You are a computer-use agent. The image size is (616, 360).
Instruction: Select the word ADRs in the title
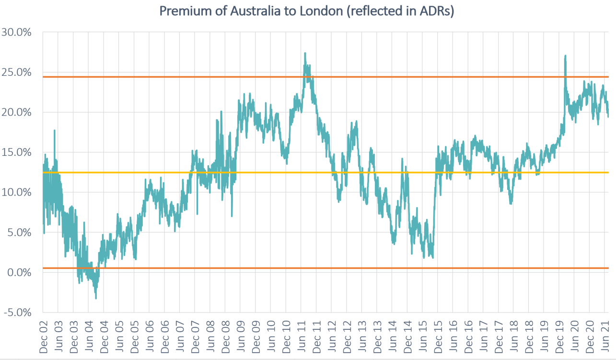coord(434,11)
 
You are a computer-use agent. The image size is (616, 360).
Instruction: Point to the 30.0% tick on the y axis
coord(16,33)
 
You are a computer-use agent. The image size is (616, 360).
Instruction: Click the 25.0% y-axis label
coord(16,72)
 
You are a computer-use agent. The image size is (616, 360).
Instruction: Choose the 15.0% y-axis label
coord(16,152)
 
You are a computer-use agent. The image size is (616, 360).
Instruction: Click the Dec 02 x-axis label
coord(43,337)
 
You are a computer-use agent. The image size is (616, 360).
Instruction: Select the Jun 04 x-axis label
coord(89,337)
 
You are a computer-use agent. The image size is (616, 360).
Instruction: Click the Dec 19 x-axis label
coord(558,337)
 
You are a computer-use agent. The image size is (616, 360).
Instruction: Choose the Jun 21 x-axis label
coord(604,337)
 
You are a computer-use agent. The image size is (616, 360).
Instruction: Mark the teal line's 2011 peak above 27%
coord(305,53)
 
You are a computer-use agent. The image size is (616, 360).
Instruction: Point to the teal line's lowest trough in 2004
coord(96,298)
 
